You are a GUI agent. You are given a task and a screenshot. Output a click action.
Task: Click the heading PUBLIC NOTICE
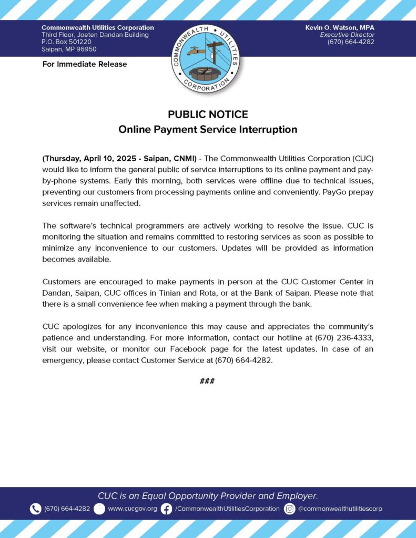[208, 114]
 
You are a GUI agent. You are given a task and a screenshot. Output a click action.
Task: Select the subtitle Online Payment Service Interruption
[208, 129]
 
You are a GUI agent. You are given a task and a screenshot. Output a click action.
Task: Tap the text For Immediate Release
[84, 64]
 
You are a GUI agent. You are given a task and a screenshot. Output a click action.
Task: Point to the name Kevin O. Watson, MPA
[340, 27]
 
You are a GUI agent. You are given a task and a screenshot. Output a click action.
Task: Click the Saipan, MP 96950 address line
[69, 49]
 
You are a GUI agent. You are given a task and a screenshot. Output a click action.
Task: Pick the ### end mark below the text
[207, 381]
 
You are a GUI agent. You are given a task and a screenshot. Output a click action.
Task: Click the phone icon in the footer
[35, 509]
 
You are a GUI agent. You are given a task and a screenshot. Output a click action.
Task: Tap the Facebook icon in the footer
[166, 509]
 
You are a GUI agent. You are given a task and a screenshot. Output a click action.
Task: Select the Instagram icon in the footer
[289, 509]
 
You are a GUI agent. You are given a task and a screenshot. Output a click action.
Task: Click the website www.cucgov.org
[133, 509]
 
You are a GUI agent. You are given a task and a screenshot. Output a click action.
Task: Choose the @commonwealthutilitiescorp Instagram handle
[340, 509]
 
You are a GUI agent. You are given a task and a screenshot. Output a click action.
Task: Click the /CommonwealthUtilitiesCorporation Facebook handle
[227, 509]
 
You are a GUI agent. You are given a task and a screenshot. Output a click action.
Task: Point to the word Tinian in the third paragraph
[230, 293]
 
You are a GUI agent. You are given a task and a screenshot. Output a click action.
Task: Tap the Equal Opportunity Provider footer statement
[208, 495]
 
